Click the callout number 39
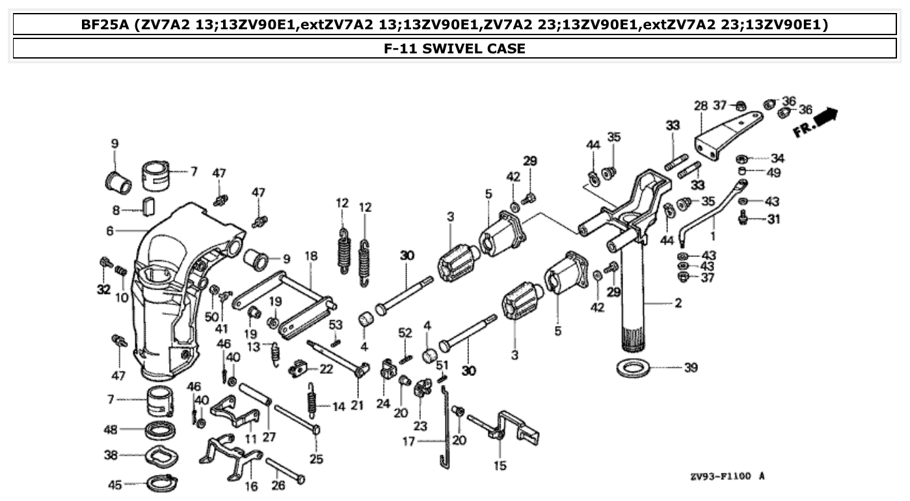[690, 368]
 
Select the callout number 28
[700, 106]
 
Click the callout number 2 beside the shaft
[678, 303]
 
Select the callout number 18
[311, 256]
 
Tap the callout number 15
[500, 466]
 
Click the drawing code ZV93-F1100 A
[727, 477]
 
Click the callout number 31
[773, 219]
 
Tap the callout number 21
[357, 405]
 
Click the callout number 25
[316, 459]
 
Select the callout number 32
[103, 290]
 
